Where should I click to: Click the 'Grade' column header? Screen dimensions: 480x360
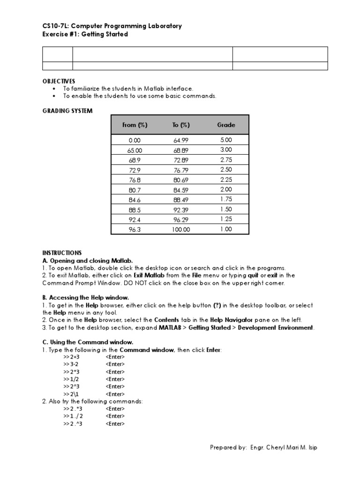(x=226, y=125)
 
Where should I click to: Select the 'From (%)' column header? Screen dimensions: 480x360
(x=135, y=125)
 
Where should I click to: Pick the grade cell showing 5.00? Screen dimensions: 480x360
(x=226, y=140)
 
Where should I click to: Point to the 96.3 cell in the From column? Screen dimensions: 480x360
(x=135, y=229)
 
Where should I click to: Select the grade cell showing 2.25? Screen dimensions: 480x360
(x=226, y=179)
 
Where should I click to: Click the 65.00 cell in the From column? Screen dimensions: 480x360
(x=135, y=150)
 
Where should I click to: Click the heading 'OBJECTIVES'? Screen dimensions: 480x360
(x=59, y=81)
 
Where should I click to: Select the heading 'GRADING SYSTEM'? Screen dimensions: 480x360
(x=67, y=111)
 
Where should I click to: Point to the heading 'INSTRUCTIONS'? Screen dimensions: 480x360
(x=62, y=253)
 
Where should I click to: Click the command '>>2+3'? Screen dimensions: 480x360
(x=71, y=357)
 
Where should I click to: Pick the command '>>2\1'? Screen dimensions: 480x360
(x=71, y=394)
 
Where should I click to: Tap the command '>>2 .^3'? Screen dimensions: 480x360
(x=73, y=424)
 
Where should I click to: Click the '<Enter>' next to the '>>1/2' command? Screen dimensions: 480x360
(x=115, y=379)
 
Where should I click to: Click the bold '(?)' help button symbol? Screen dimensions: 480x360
(x=217, y=305)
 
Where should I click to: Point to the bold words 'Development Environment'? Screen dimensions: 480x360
(x=276, y=328)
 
